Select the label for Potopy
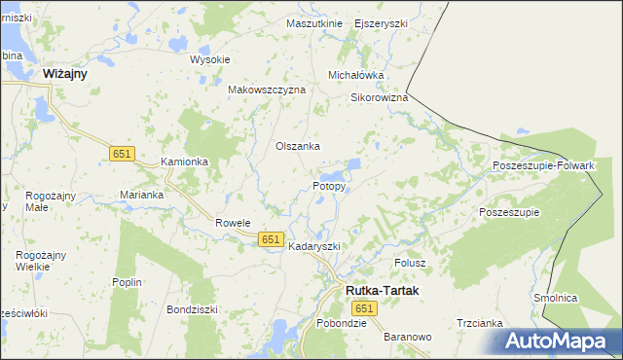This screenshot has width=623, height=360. click(x=329, y=186)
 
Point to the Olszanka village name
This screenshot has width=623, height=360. click(x=298, y=147)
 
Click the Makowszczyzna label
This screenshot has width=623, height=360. click(x=267, y=90)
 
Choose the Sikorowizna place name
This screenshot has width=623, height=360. click(x=379, y=98)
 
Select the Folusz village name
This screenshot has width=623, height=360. click(x=411, y=264)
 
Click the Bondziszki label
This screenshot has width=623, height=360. click(x=193, y=309)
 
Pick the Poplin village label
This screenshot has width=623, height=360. click(x=128, y=282)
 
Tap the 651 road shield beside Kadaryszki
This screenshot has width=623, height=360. click(x=272, y=238)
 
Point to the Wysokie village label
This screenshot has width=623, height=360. click(x=209, y=59)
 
